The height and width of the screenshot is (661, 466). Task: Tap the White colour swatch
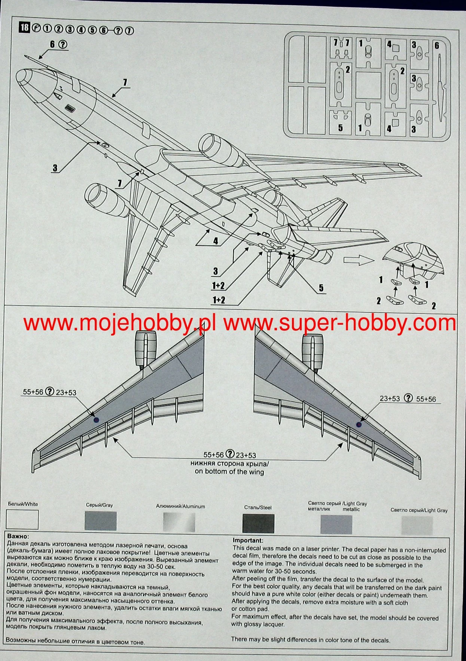click(x=22, y=519)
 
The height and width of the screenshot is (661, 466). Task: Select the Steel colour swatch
click(x=258, y=523)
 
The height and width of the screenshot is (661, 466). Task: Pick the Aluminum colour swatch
click(x=179, y=522)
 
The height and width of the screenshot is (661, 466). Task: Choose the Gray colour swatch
click(x=101, y=521)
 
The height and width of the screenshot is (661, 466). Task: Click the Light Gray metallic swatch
click(x=336, y=524)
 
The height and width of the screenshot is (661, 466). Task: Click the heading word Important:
click(x=248, y=540)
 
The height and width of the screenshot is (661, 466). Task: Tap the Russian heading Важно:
click(x=18, y=537)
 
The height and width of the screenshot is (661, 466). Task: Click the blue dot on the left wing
click(x=96, y=420)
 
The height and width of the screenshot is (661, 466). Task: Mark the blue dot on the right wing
click(x=359, y=425)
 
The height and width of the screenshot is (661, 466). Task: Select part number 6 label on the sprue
click(x=436, y=45)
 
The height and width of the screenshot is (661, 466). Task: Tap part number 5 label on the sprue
click(x=340, y=128)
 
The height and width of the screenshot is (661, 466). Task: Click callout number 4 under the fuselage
click(x=215, y=241)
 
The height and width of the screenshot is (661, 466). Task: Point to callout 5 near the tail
click(x=321, y=288)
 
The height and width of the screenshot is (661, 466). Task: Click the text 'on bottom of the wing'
click(x=229, y=472)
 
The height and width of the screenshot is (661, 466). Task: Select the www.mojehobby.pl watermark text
click(x=120, y=323)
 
